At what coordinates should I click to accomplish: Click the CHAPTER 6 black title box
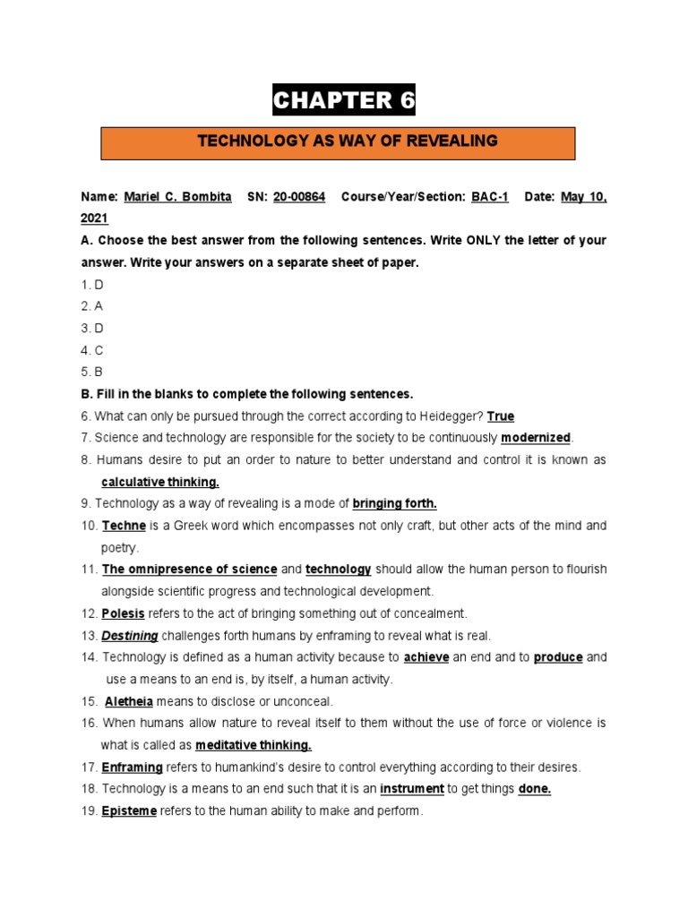click(x=345, y=101)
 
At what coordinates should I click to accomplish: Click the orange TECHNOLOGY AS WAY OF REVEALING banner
click(x=347, y=141)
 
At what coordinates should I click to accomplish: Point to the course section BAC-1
click(x=489, y=197)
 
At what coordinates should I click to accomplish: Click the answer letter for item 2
click(x=99, y=306)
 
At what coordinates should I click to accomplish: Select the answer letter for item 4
click(x=99, y=350)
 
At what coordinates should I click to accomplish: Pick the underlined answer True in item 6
click(x=501, y=416)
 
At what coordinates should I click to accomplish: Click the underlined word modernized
click(x=536, y=438)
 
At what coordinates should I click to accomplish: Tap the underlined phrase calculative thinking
click(x=160, y=482)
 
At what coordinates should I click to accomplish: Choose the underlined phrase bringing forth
click(x=395, y=503)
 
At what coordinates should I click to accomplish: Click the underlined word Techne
click(x=124, y=526)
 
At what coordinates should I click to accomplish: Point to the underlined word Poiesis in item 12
click(x=123, y=613)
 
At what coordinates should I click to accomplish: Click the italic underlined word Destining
click(x=130, y=636)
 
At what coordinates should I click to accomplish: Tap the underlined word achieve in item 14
click(x=426, y=657)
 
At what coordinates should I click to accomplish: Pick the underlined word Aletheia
click(x=129, y=701)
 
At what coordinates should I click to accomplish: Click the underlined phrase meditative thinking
click(x=254, y=745)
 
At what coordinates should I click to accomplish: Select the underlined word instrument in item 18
click(x=412, y=789)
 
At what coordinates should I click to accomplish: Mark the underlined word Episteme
click(x=129, y=811)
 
